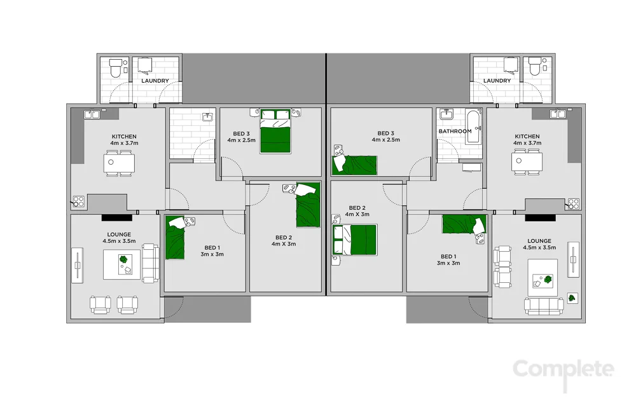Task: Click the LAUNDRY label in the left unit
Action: (x=155, y=81)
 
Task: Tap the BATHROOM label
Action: (x=455, y=132)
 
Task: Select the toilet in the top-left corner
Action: (x=116, y=67)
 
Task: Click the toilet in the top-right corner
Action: (x=534, y=66)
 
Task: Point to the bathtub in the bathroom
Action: (x=473, y=128)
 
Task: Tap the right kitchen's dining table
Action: (x=527, y=163)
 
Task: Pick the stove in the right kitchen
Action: (x=573, y=203)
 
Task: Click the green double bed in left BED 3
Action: (x=275, y=132)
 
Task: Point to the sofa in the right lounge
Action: (x=543, y=307)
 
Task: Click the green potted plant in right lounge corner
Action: (x=572, y=297)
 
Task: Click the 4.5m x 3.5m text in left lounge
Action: (x=119, y=242)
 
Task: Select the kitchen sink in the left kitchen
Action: (x=93, y=114)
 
